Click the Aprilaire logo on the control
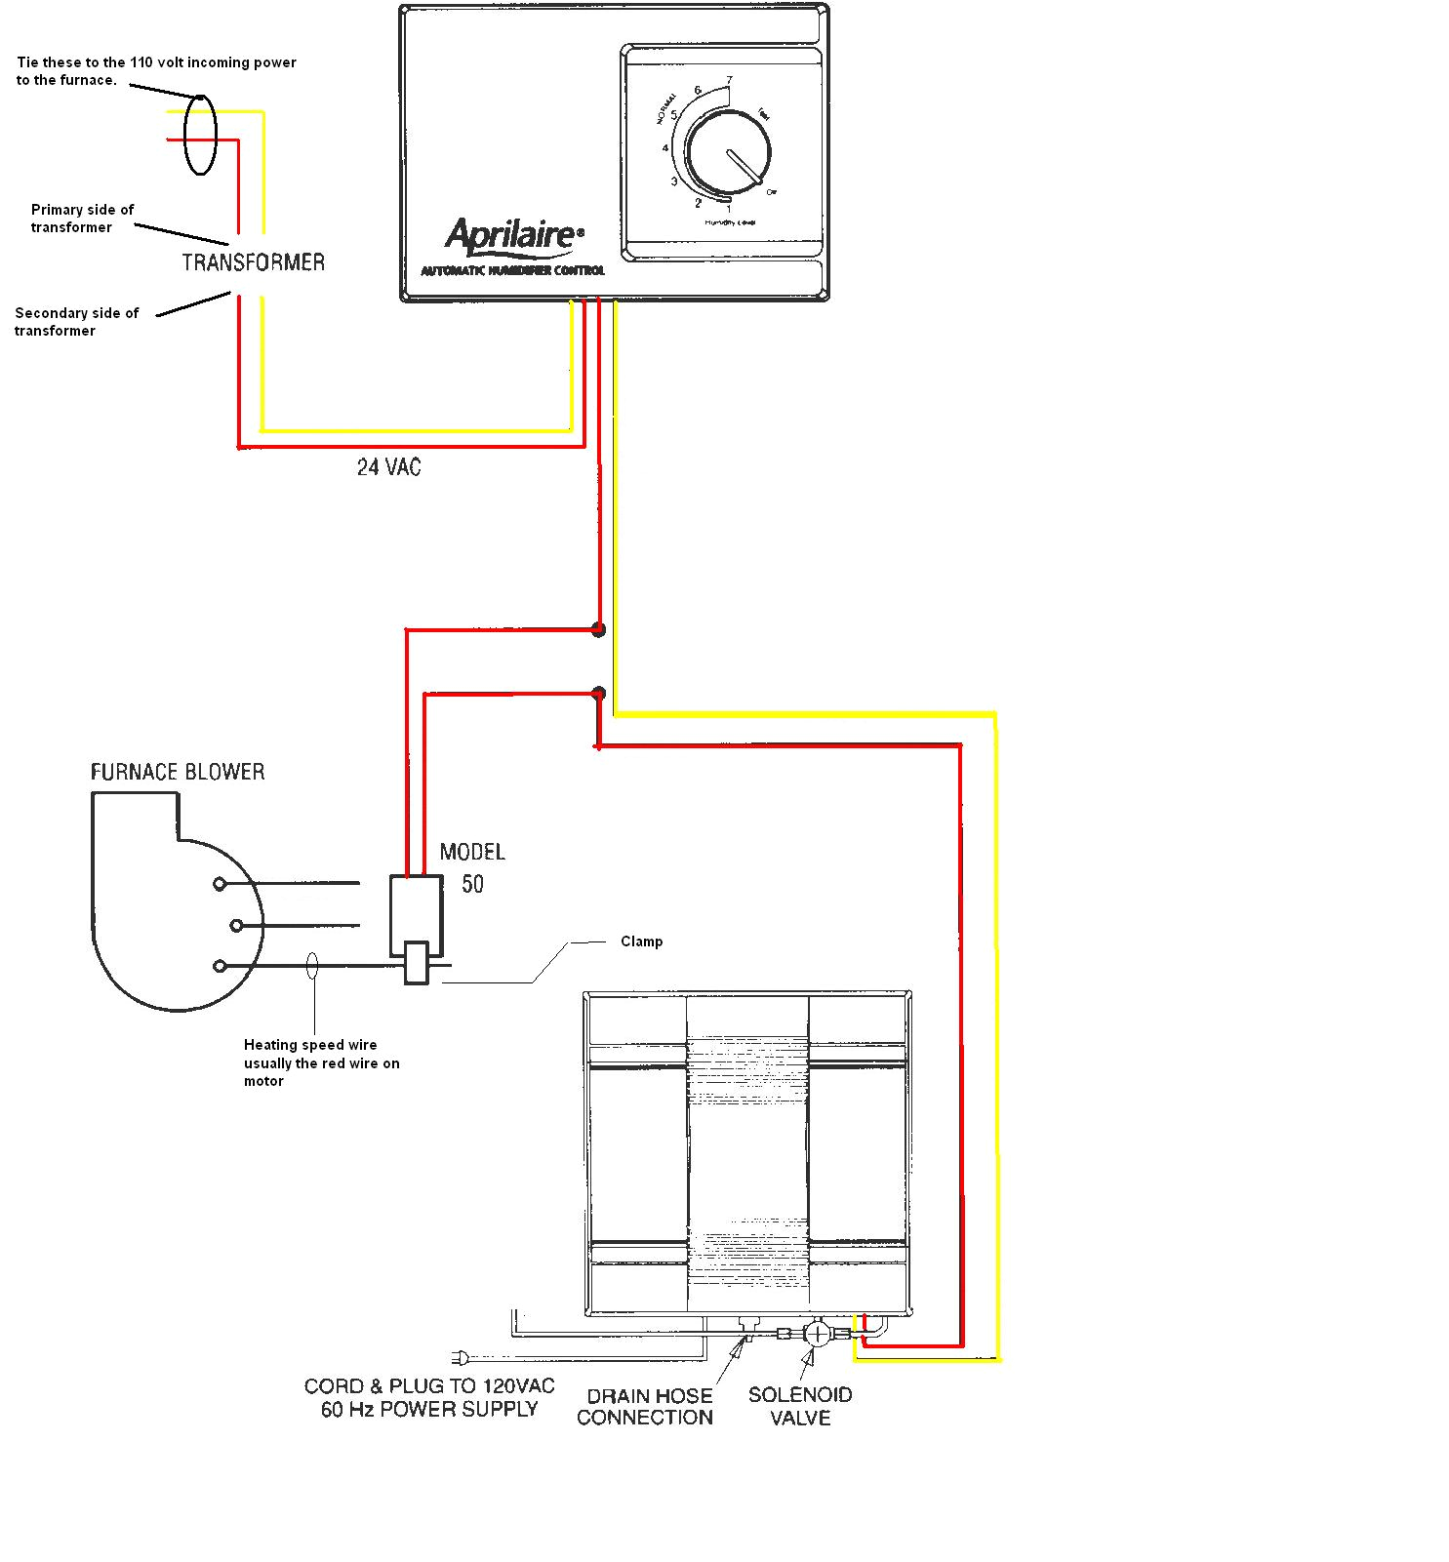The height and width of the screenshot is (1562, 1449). [513, 237]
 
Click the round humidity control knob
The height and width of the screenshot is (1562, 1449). [728, 153]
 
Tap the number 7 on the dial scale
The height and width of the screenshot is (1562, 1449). [729, 81]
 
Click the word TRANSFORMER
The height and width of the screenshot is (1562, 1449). [253, 262]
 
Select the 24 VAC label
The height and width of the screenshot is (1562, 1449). [388, 467]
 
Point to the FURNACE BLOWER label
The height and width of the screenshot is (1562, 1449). [178, 773]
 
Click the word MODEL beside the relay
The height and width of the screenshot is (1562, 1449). [472, 852]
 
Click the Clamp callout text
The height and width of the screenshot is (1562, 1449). [641, 941]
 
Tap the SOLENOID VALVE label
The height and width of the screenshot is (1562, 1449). [800, 1406]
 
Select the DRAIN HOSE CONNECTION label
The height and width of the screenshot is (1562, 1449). [645, 1407]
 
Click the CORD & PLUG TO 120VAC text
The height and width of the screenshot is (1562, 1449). [429, 1386]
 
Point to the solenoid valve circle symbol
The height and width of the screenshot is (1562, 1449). [817, 1333]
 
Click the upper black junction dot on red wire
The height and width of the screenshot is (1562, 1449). [599, 630]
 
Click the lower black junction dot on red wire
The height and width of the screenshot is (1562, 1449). [599, 694]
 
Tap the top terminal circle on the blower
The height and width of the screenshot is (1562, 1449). [220, 884]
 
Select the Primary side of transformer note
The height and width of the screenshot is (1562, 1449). [82, 219]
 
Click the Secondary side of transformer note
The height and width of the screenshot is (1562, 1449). [76, 322]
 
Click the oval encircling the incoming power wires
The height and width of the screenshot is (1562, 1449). [200, 135]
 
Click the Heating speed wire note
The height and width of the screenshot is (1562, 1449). [321, 1062]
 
